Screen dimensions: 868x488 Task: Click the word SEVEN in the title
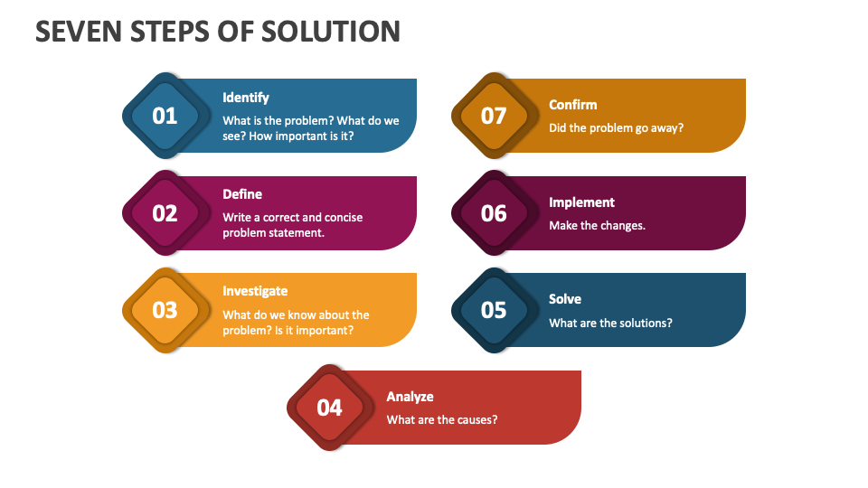click(79, 32)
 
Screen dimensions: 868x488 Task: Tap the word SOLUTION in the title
click(331, 32)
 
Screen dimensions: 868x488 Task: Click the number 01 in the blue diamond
click(165, 117)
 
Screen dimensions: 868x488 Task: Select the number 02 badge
click(165, 213)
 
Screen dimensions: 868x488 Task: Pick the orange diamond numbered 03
click(165, 310)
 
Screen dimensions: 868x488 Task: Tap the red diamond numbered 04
click(330, 408)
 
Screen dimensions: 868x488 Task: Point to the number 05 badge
click(495, 310)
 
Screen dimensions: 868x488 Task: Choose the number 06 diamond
click(495, 213)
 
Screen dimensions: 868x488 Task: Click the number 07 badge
click(495, 116)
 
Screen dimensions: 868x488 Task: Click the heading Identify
click(246, 98)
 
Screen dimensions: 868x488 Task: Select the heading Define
click(242, 194)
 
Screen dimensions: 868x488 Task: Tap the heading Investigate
click(255, 292)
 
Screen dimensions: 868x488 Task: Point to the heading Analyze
click(410, 397)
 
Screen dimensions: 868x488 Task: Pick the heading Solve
click(565, 299)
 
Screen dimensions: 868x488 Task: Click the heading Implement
click(581, 203)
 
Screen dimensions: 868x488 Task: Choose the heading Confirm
click(573, 105)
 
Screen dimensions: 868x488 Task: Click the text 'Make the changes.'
click(598, 226)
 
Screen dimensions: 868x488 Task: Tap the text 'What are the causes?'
click(442, 420)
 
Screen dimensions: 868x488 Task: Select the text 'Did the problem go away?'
click(616, 128)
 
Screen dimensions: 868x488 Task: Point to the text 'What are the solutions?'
click(610, 324)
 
